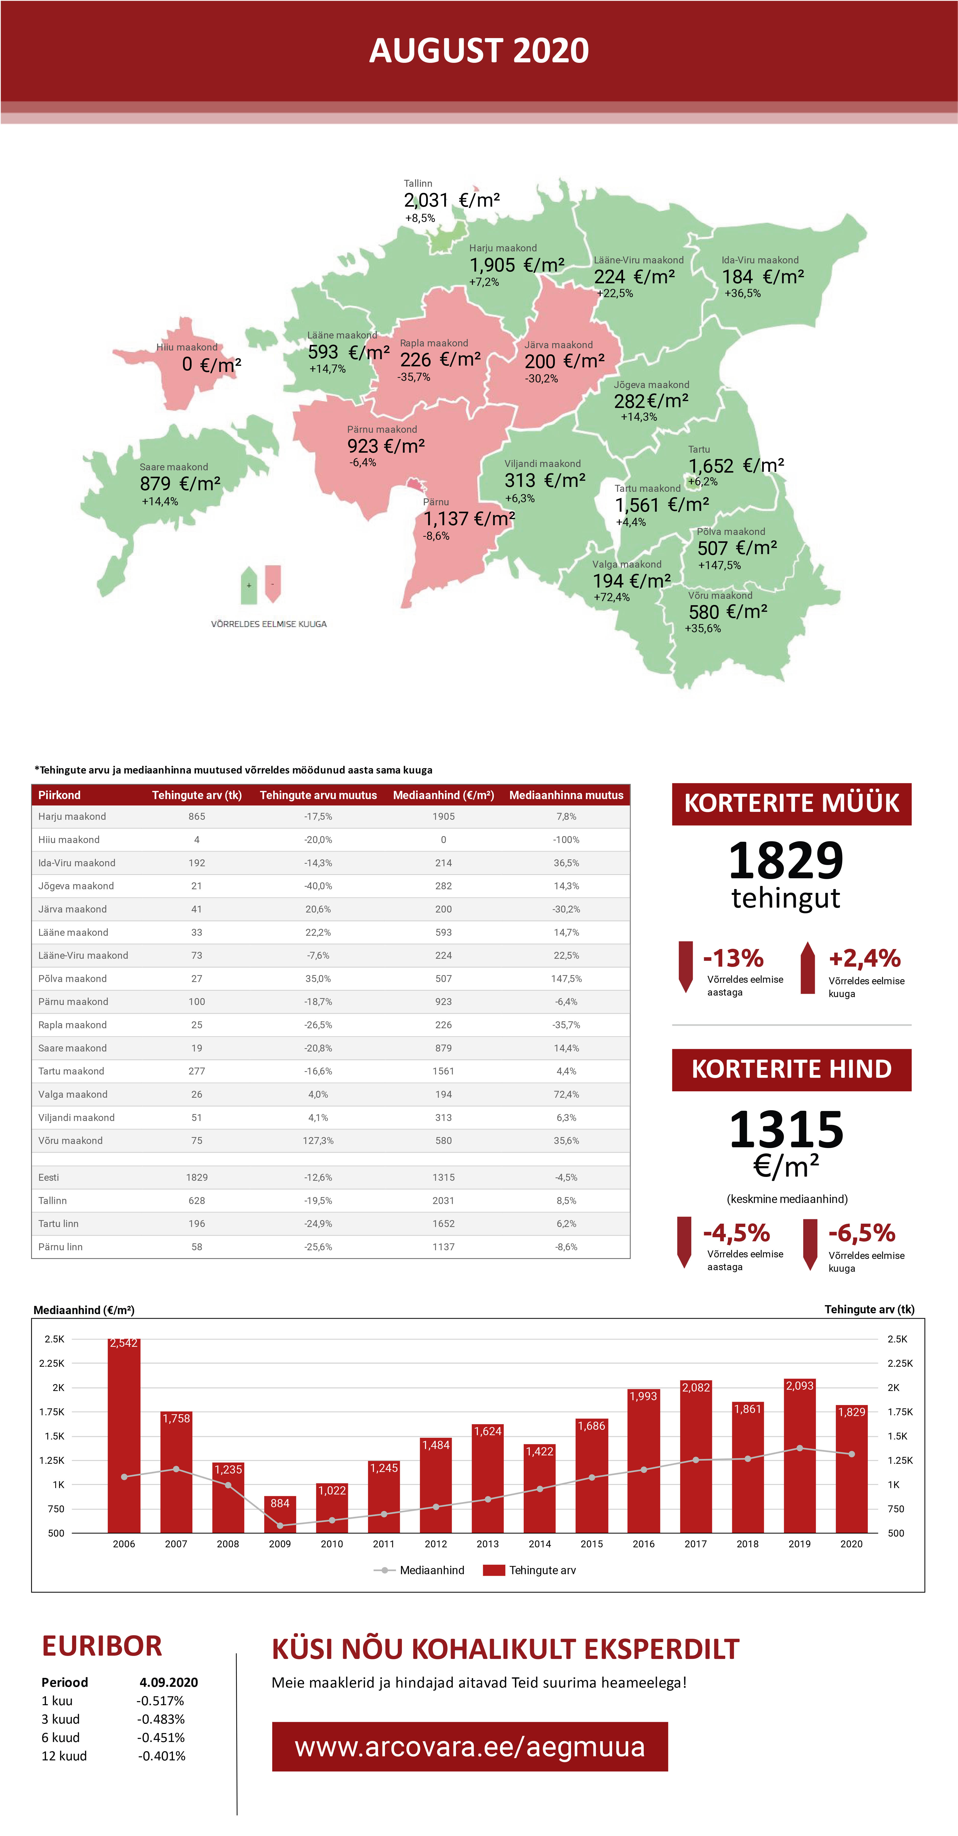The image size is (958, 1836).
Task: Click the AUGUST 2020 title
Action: [479, 51]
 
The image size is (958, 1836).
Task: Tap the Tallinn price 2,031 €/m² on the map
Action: [452, 200]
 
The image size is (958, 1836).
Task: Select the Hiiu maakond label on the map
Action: [187, 347]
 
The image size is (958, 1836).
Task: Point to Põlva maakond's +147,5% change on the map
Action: [719, 565]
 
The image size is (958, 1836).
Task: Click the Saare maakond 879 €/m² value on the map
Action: [180, 484]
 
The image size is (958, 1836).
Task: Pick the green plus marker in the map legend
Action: [249, 585]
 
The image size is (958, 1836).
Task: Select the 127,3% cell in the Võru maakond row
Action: [318, 1140]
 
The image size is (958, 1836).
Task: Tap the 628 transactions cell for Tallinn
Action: [197, 1200]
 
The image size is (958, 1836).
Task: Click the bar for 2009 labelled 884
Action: [280, 1515]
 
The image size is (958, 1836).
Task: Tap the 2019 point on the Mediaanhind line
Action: [800, 1448]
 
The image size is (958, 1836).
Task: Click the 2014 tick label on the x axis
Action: [540, 1544]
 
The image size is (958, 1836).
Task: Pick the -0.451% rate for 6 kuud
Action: [161, 1738]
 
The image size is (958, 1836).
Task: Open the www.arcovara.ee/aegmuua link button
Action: [470, 1747]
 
